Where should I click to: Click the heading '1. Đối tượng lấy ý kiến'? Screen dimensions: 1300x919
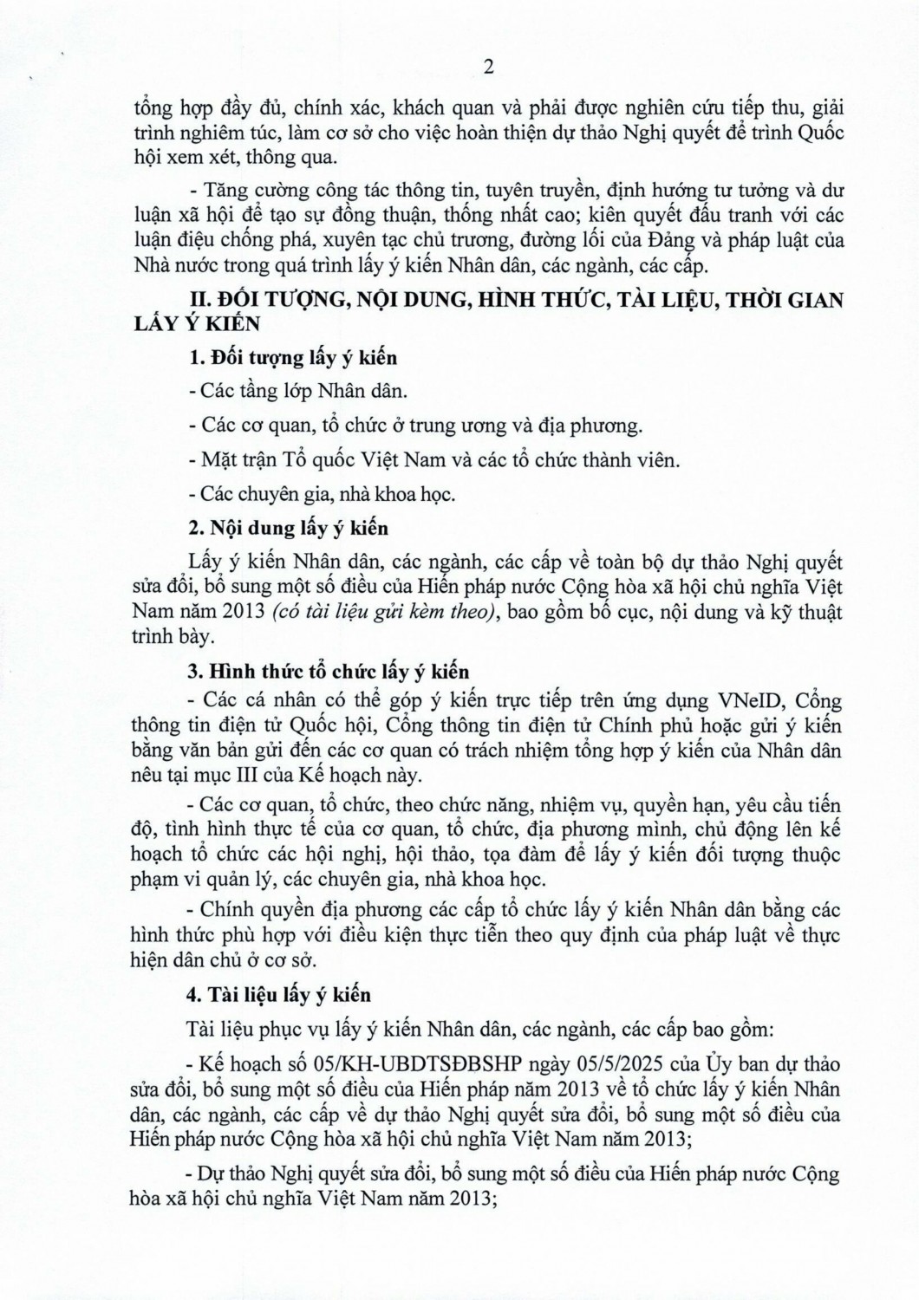(293, 357)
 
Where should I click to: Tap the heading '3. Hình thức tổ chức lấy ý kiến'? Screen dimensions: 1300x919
(329, 672)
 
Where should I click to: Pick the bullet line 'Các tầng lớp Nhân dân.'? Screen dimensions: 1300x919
(303, 391)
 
